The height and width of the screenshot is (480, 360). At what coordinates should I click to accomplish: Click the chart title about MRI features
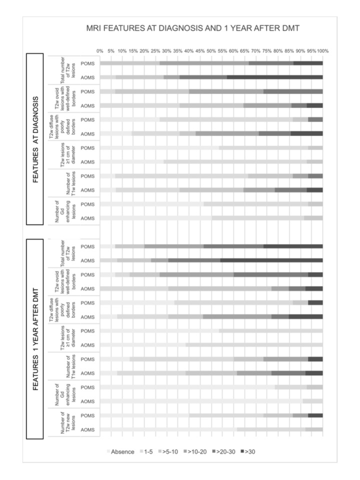click(x=193, y=28)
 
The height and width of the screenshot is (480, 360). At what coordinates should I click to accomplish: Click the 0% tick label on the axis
click(x=100, y=51)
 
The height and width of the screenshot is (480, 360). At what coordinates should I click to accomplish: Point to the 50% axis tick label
click(x=211, y=51)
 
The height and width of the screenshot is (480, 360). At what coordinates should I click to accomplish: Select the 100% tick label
click(x=322, y=51)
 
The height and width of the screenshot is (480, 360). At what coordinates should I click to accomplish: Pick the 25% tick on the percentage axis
click(x=155, y=51)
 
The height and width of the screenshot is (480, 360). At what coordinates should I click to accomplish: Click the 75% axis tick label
click(x=267, y=51)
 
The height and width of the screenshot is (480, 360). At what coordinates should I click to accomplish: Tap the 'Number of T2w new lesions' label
click(x=67, y=422)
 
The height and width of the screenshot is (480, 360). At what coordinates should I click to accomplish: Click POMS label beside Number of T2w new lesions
click(x=87, y=415)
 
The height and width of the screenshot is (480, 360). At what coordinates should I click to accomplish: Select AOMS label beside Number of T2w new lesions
click(x=87, y=429)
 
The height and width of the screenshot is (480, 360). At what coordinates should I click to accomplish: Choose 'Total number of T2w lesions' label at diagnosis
click(x=67, y=70)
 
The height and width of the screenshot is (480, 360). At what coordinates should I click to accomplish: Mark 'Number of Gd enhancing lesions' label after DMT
click(x=67, y=394)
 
